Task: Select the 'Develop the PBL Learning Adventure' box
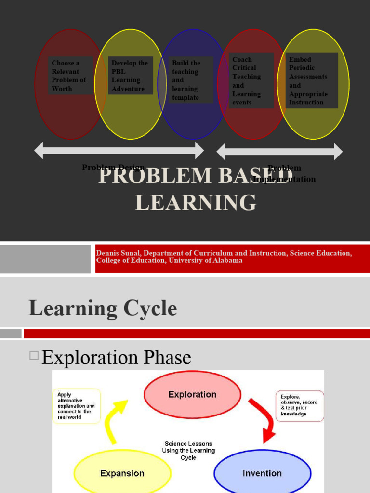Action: pos(130,76)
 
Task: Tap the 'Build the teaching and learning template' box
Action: pos(191,80)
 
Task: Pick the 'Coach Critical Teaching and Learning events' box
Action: pos(251,80)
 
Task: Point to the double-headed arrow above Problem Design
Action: pos(119,150)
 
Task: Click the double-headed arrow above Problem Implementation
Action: pos(279,152)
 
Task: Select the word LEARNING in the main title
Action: pos(196,202)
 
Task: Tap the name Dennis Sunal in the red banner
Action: pos(118,253)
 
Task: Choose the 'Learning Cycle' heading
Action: pos(103,308)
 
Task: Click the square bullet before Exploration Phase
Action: pos(34,356)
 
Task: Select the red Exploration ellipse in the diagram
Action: pos(192,394)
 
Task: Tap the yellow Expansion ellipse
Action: pos(122,472)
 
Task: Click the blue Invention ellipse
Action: pos(262,472)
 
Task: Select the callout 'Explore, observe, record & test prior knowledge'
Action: pos(300,405)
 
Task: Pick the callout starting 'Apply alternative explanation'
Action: pos(76,405)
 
